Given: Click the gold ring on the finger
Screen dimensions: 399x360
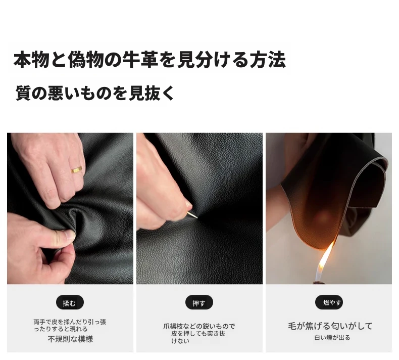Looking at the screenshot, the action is click(77, 169).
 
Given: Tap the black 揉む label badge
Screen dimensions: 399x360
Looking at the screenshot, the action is click(70, 302).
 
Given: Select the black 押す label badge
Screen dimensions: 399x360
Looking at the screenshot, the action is click(199, 302).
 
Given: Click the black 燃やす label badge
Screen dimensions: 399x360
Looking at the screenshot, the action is click(329, 302).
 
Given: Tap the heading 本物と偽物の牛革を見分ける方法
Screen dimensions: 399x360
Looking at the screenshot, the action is click(149, 60).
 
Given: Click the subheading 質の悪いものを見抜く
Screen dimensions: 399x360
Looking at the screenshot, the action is click(94, 93).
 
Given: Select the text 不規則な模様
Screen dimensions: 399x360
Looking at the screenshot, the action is click(70, 339).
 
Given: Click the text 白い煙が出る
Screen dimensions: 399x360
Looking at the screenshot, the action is click(332, 338).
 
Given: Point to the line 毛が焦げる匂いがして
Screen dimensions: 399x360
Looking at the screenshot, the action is click(330, 326).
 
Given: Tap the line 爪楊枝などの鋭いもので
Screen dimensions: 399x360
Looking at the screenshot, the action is click(199, 326).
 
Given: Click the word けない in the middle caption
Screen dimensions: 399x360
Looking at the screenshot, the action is click(180, 341).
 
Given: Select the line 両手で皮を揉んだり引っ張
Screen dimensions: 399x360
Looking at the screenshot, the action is click(70, 322).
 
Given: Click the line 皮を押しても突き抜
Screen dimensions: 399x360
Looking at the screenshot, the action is click(198, 334).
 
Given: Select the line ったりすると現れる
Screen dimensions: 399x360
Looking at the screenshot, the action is click(61, 329).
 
